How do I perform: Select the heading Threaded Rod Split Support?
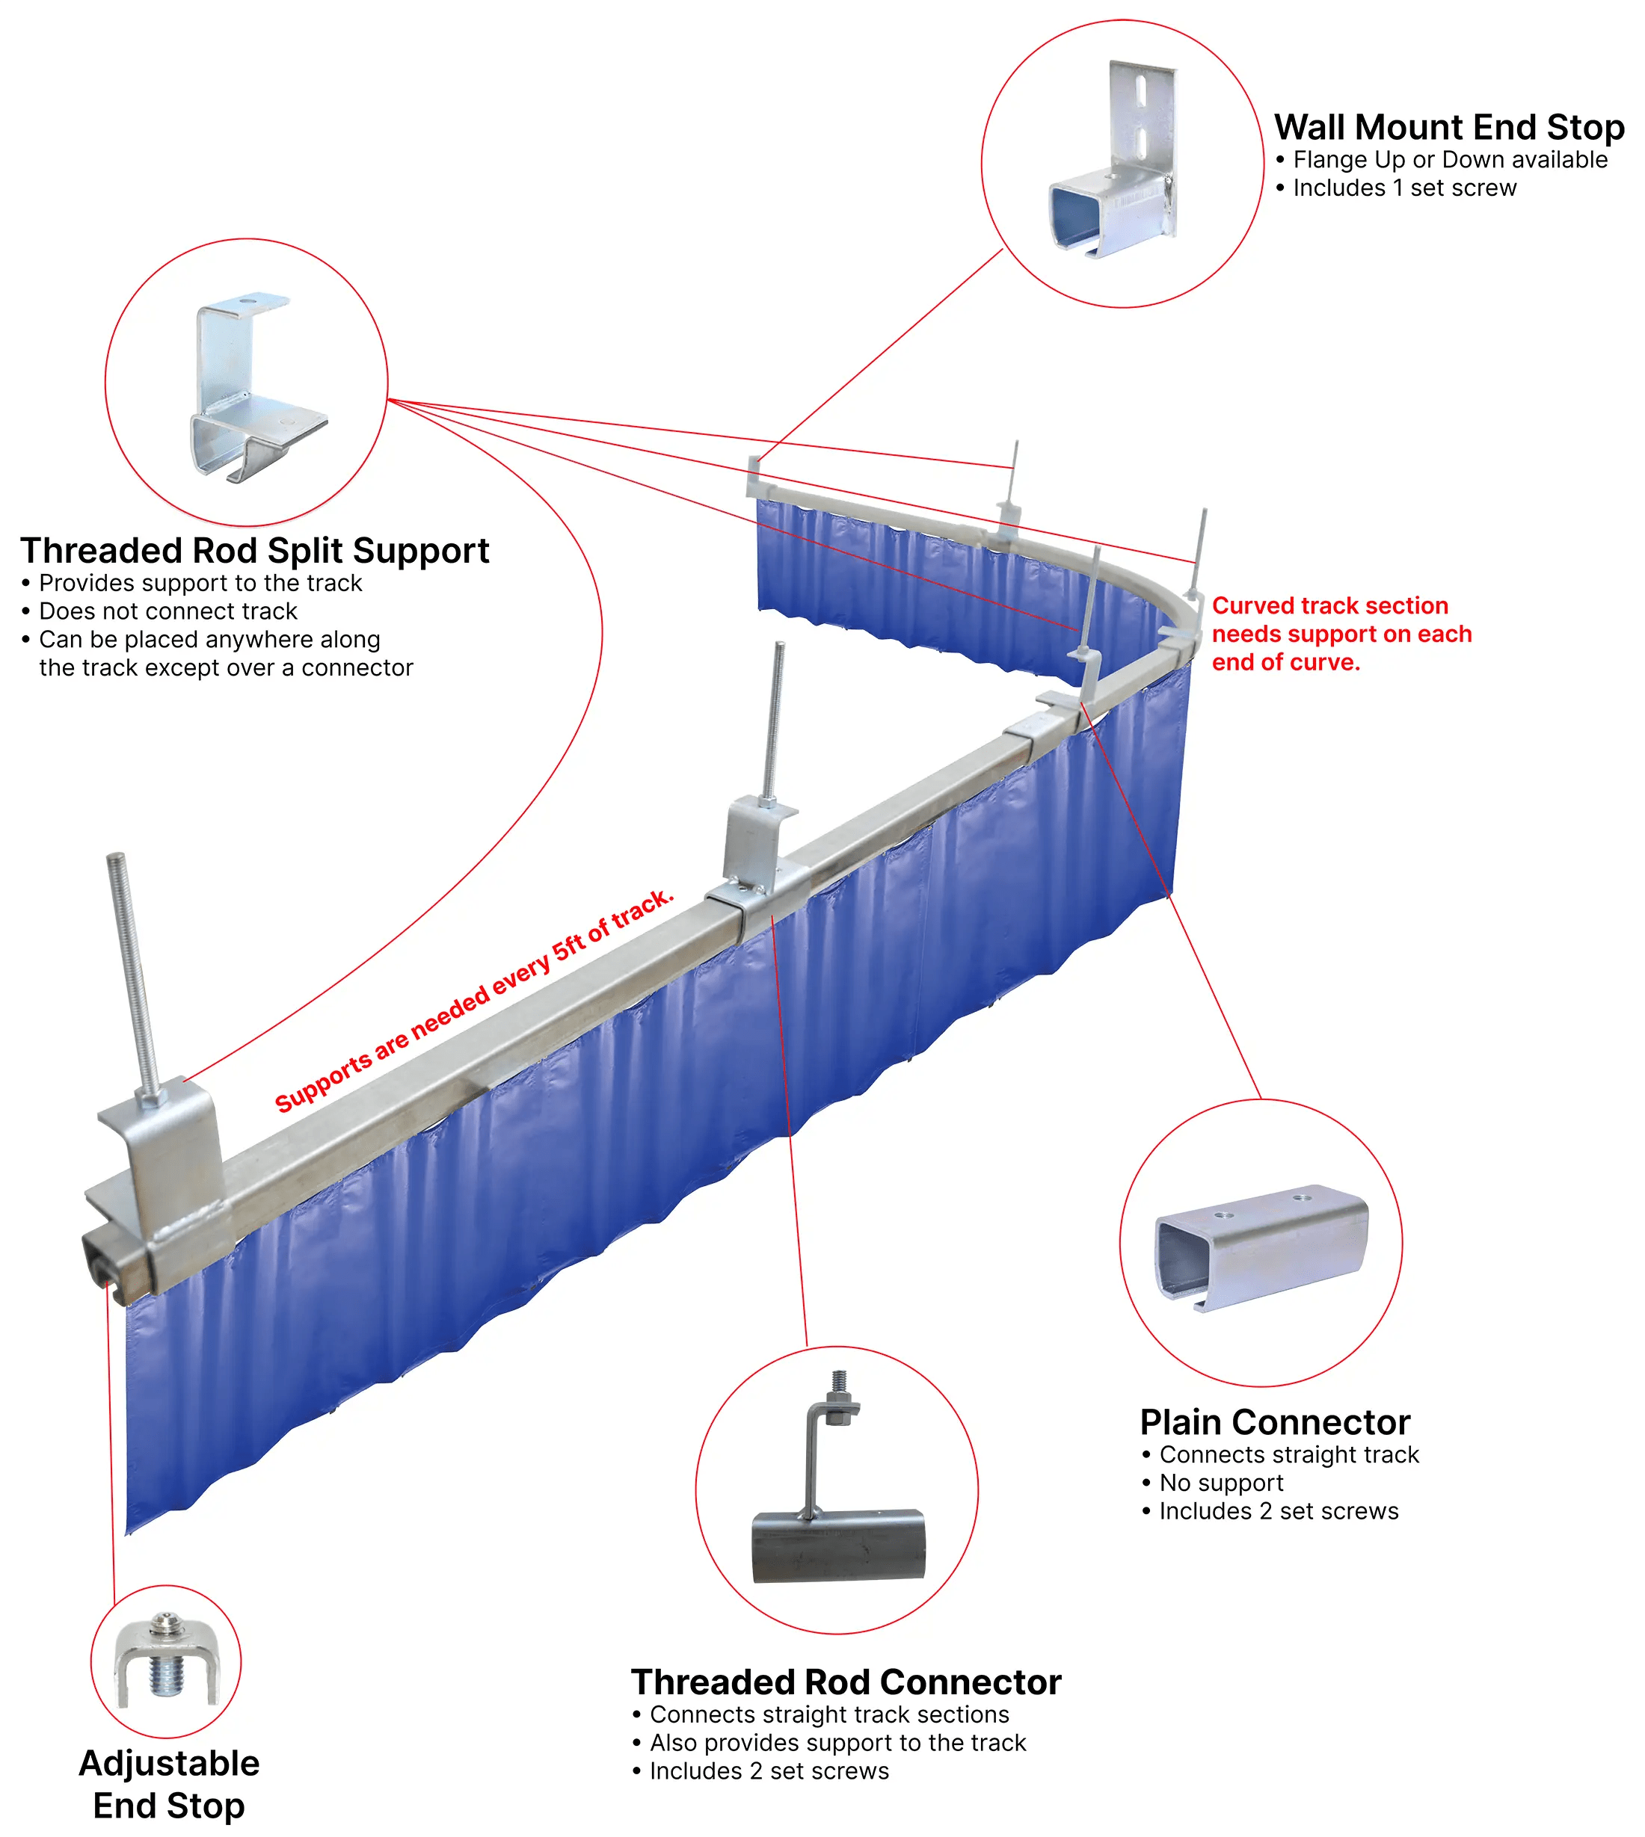click(x=254, y=550)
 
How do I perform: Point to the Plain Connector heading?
click(x=1273, y=1422)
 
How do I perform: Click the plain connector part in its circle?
click(x=1261, y=1247)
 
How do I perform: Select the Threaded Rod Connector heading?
click(x=845, y=1682)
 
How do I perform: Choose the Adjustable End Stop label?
click(x=168, y=1784)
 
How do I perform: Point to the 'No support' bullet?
click(x=1220, y=1483)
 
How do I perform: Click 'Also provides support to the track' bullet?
click(x=837, y=1742)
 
